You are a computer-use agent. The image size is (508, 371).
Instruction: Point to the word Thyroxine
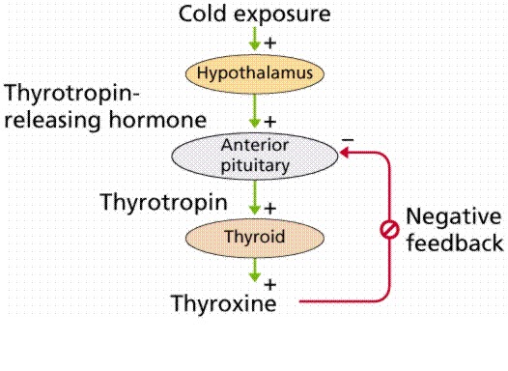coord(223,304)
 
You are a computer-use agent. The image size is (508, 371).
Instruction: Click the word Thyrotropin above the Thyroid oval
coord(164,203)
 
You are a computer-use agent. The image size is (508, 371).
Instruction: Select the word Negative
coord(453,216)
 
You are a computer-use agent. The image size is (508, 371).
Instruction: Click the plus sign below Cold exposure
coord(271,43)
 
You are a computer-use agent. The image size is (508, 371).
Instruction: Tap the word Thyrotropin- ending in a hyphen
coord(73,96)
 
